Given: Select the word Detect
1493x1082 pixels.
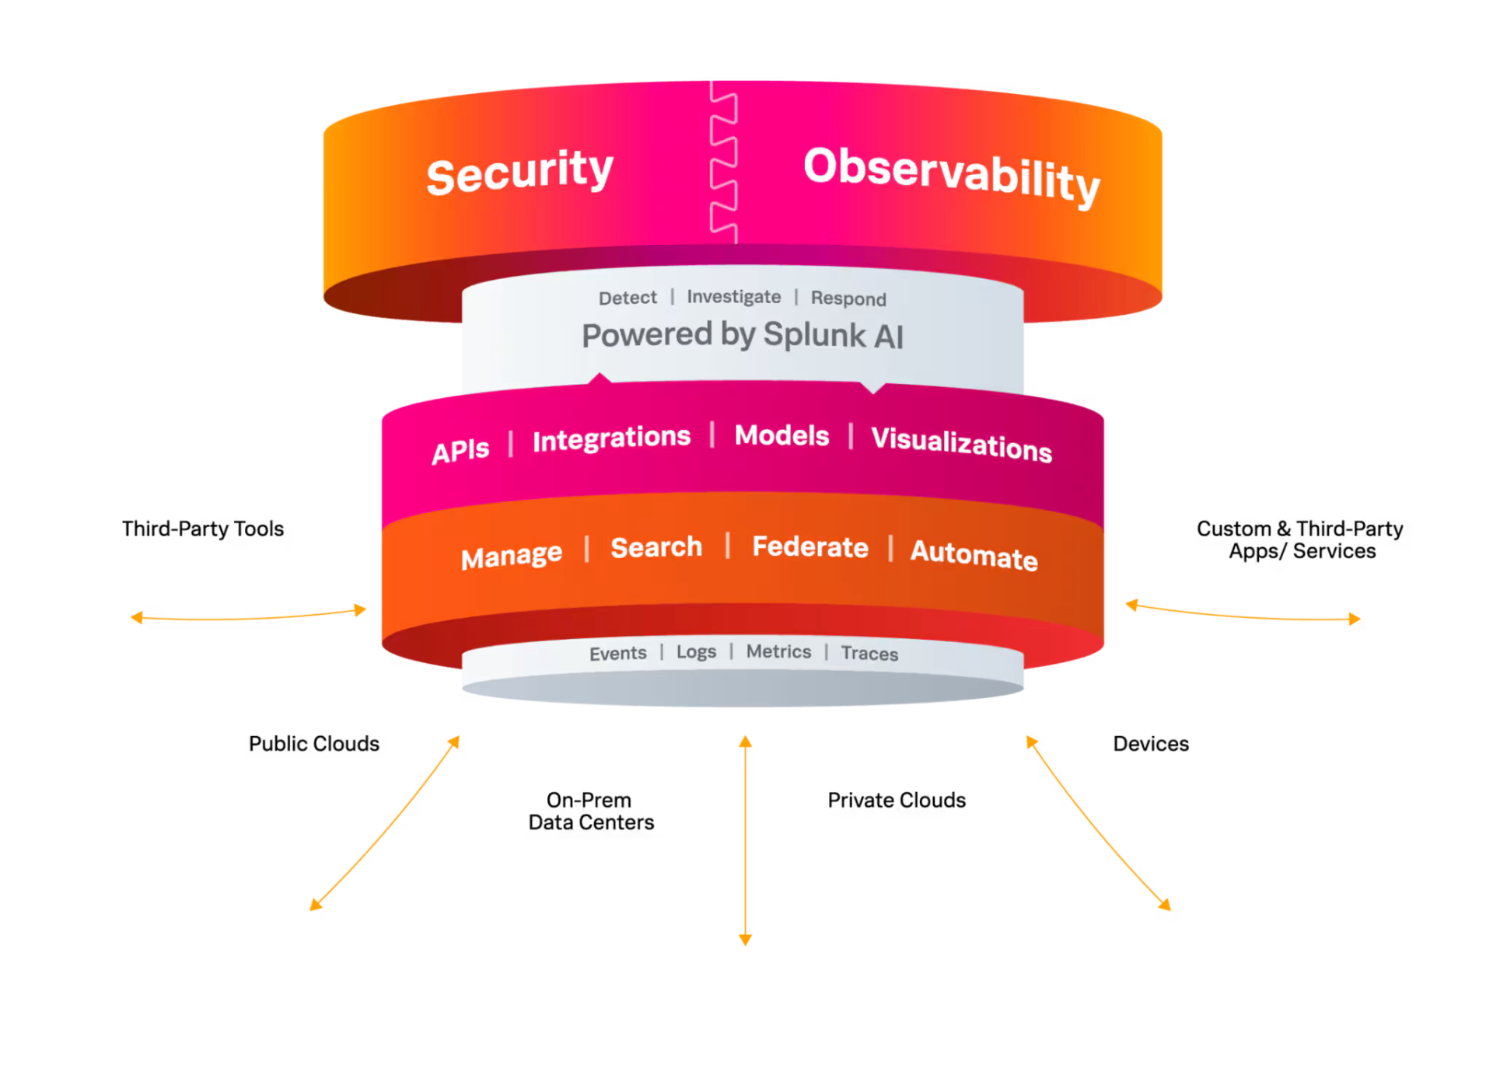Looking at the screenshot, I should [x=628, y=298].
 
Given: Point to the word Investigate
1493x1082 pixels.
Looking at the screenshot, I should [x=733, y=297].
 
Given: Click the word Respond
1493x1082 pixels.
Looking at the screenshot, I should [x=848, y=298].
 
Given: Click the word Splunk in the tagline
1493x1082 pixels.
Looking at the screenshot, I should [x=814, y=335].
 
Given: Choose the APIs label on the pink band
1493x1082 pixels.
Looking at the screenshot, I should [x=460, y=450].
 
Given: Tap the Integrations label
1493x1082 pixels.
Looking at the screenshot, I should [x=611, y=438].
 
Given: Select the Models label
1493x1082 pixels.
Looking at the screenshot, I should [x=781, y=435].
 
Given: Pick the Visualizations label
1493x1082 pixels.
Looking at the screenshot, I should [x=961, y=444].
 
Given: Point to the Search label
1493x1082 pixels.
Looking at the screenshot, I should [x=656, y=547].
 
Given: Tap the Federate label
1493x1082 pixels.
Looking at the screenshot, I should [x=810, y=547].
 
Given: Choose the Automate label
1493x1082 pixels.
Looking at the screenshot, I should [x=974, y=555].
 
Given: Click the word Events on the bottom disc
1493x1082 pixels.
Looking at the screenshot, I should [x=617, y=654].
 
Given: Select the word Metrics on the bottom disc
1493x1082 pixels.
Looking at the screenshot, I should [x=778, y=651].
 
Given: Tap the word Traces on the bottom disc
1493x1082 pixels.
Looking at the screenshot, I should [x=869, y=654].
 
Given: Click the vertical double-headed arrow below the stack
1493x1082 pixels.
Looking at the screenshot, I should [x=745, y=839].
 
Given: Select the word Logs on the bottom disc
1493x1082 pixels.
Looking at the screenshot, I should [x=696, y=652].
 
